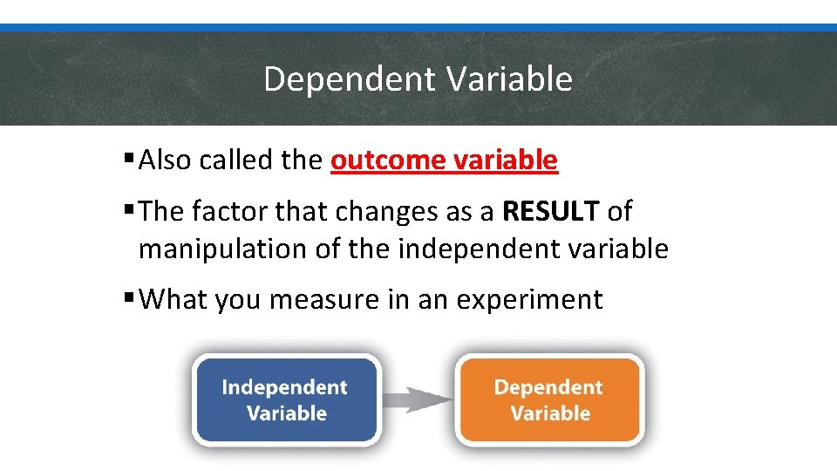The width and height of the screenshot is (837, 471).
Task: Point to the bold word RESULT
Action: point(551,211)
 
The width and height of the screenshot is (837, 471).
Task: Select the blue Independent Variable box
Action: point(286,399)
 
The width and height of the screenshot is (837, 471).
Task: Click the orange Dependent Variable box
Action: point(549,399)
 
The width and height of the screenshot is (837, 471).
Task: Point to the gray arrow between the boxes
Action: point(418,400)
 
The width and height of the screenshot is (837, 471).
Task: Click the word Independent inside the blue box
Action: point(284,387)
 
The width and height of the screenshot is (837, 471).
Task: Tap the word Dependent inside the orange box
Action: point(548,387)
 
